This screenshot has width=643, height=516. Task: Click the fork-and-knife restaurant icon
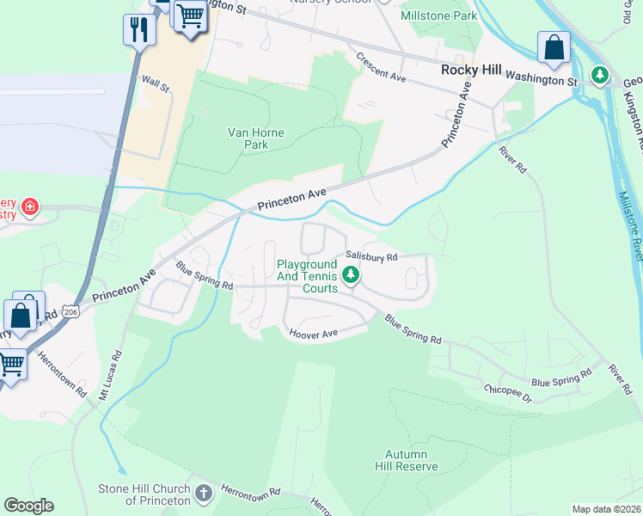pos(138,30)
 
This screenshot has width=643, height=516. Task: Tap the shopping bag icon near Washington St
pos(554,47)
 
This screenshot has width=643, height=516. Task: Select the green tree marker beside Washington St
pos(601,76)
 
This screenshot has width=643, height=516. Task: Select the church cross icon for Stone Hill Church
pos(204,494)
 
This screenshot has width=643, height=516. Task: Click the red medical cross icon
pos(29,207)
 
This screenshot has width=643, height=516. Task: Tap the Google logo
pos(28,506)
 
